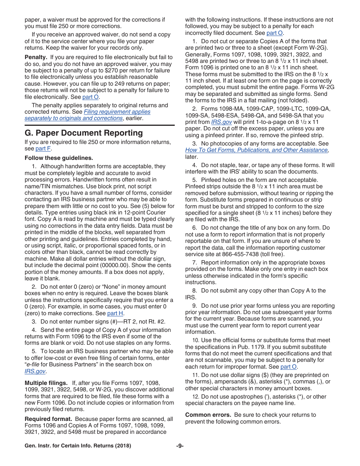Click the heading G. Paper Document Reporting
[84, 133]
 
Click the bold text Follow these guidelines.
[59, 158]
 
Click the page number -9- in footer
[180, 446]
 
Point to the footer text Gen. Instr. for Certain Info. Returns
[78, 446]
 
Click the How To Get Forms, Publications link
[257, 150]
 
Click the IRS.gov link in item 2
[221, 122]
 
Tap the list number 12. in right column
[196, 397]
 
